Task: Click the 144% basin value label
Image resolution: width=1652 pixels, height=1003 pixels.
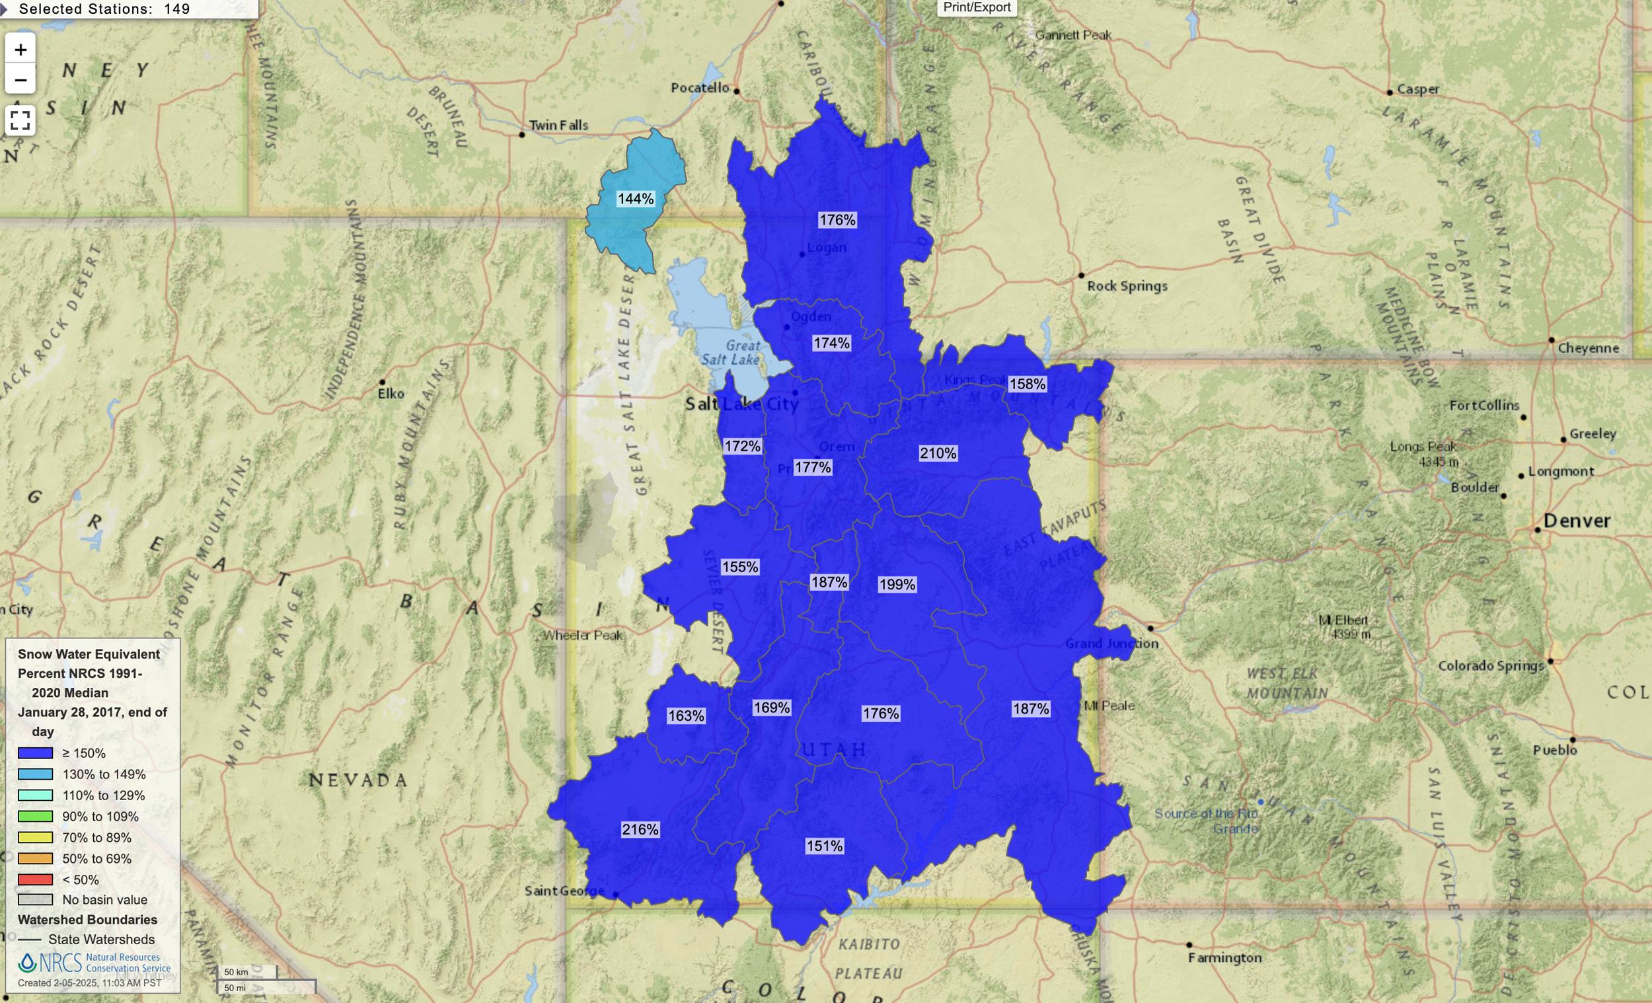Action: [635, 198]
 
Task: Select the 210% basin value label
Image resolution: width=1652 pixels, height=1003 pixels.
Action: [937, 453]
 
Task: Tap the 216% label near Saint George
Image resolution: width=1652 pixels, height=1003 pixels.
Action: [640, 829]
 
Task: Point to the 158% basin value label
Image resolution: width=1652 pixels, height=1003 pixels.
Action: [1026, 383]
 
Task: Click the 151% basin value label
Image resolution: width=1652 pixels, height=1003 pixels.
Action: [824, 846]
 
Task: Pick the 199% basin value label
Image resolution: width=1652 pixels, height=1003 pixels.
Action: [897, 584]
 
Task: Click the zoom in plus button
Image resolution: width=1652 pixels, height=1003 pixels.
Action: [20, 50]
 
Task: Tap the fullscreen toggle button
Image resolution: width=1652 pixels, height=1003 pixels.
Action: [20, 120]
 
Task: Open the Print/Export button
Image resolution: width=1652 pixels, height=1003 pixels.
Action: [976, 7]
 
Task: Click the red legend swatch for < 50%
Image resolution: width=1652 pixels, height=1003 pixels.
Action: [35, 879]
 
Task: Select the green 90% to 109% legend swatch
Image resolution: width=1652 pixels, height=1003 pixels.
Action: [35, 816]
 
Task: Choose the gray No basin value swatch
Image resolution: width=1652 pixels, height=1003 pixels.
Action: [35, 900]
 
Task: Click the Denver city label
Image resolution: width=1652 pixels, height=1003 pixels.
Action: [1576, 520]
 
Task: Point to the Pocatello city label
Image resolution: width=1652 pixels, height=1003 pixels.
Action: [699, 87]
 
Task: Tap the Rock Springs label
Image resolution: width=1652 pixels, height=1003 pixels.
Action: [1127, 285]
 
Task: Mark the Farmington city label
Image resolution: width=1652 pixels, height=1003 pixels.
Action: [1224, 957]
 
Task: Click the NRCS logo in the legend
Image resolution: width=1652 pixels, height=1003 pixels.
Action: [50, 963]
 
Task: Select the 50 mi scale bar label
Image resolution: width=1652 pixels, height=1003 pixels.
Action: [235, 988]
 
